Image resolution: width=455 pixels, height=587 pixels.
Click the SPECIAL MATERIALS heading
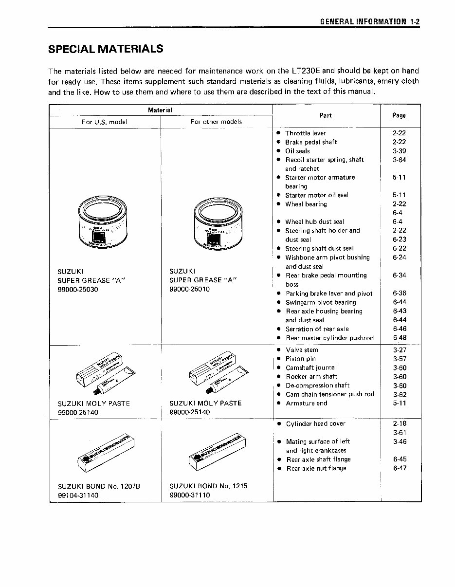[106, 49]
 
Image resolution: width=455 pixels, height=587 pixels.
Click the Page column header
[399, 115]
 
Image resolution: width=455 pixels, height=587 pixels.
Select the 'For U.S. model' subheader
[104, 122]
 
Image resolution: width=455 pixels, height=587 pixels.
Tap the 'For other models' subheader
[216, 122]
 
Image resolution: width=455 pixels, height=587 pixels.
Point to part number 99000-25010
[189, 289]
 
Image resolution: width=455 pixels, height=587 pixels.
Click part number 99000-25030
[78, 289]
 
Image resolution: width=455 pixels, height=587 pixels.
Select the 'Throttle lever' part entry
[306, 133]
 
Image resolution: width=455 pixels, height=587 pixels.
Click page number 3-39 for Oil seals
[399, 151]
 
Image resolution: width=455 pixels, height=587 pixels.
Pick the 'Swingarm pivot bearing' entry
[321, 302]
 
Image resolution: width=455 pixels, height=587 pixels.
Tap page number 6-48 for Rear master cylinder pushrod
[399, 338]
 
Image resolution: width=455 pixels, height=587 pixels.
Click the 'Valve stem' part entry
[302, 350]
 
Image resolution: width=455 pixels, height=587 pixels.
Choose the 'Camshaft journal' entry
[311, 368]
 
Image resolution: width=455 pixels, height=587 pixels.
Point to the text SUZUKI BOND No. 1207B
[99, 486]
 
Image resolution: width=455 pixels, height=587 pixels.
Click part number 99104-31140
[78, 495]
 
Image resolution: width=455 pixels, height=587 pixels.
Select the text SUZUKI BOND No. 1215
[209, 486]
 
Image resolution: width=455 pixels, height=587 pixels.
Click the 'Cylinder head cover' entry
[315, 424]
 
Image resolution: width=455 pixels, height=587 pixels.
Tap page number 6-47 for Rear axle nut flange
[399, 468]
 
